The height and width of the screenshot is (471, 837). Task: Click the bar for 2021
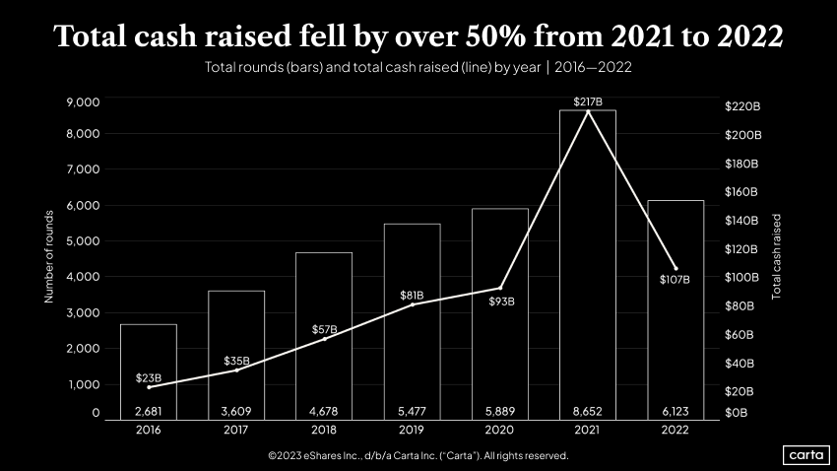(588, 266)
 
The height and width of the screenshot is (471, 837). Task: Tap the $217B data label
(588, 101)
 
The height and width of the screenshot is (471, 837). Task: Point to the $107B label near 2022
(675, 279)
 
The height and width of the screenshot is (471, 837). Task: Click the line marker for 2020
(500, 288)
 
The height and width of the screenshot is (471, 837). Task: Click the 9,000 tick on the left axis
(83, 102)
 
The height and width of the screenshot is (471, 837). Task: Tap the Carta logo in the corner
(805, 454)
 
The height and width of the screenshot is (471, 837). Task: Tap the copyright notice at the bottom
(418, 456)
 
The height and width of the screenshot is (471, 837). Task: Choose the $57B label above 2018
(324, 329)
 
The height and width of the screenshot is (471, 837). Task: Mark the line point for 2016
(149, 387)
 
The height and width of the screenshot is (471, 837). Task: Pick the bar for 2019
(412, 315)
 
